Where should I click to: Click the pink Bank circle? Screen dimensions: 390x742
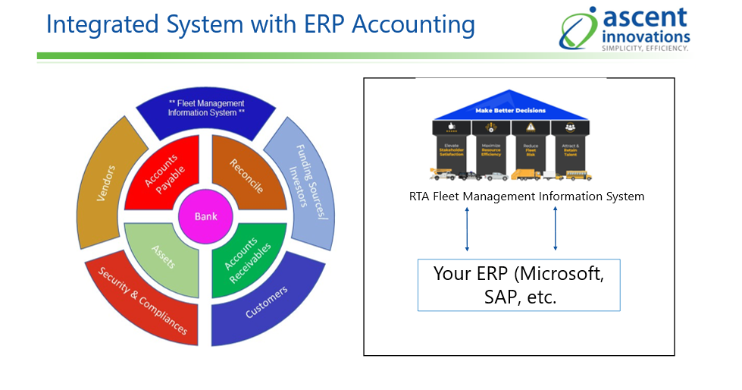tap(205, 216)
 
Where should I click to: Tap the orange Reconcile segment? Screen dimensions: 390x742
tap(247, 177)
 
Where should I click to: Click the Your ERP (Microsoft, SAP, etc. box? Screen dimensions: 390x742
tap(519, 285)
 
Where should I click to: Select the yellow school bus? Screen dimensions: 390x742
tap(579, 176)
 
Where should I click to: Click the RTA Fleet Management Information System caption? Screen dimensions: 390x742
tap(526, 197)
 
